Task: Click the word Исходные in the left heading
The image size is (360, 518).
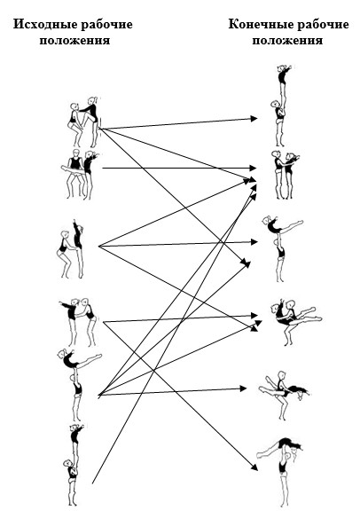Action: (x=46, y=25)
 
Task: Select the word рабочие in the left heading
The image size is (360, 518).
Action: (x=107, y=25)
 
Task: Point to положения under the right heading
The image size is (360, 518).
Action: (x=287, y=41)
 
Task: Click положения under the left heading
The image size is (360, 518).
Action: (x=74, y=41)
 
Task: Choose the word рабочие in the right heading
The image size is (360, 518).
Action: (x=324, y=25)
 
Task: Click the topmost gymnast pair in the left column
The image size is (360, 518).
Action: (x=84, y=122)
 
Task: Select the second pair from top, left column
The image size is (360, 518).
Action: (x=79, y=175)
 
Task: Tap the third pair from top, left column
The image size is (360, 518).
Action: (x=71, y=248)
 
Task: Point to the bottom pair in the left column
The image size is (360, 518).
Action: (x=74, y=465)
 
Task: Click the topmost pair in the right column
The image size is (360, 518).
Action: (x=282, y=105)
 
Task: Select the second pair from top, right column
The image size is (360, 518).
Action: (x=285, y=175)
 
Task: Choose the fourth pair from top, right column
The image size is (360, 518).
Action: (x=294, y=321)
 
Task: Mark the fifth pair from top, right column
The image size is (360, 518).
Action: (x=284, y=395)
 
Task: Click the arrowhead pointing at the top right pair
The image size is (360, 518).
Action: (x=254, y=118)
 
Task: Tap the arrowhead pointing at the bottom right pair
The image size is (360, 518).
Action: (x=254, y=467)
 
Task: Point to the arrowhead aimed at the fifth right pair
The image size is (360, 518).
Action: (x=243, y=388)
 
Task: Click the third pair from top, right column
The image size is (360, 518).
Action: (x=281, y=247)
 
